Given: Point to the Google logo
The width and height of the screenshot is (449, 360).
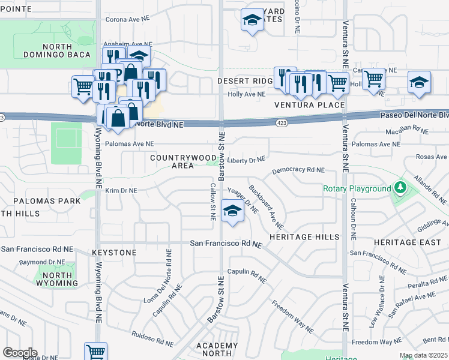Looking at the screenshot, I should pyautogui.click(x=20, y=353).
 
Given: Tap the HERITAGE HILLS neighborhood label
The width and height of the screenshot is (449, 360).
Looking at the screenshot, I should pyautogui.click(x=304, y=237).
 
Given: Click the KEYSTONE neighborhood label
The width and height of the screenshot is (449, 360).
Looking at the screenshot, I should pyautogui.click(x=114, y=253).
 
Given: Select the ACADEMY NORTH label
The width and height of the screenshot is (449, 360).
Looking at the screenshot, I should pyautogui.click(x=217, y=350).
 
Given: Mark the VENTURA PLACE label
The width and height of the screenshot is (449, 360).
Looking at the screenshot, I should pyautogui.click(x=309, y=105).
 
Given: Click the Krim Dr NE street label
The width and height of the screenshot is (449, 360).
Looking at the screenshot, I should pyautogui.click(x=121, y=190).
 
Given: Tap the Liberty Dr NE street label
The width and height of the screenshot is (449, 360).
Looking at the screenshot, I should pyautogui.click(x=246, y=160).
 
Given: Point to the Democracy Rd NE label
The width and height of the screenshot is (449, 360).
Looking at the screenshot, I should pyautogui.click(x=298, y=170).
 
